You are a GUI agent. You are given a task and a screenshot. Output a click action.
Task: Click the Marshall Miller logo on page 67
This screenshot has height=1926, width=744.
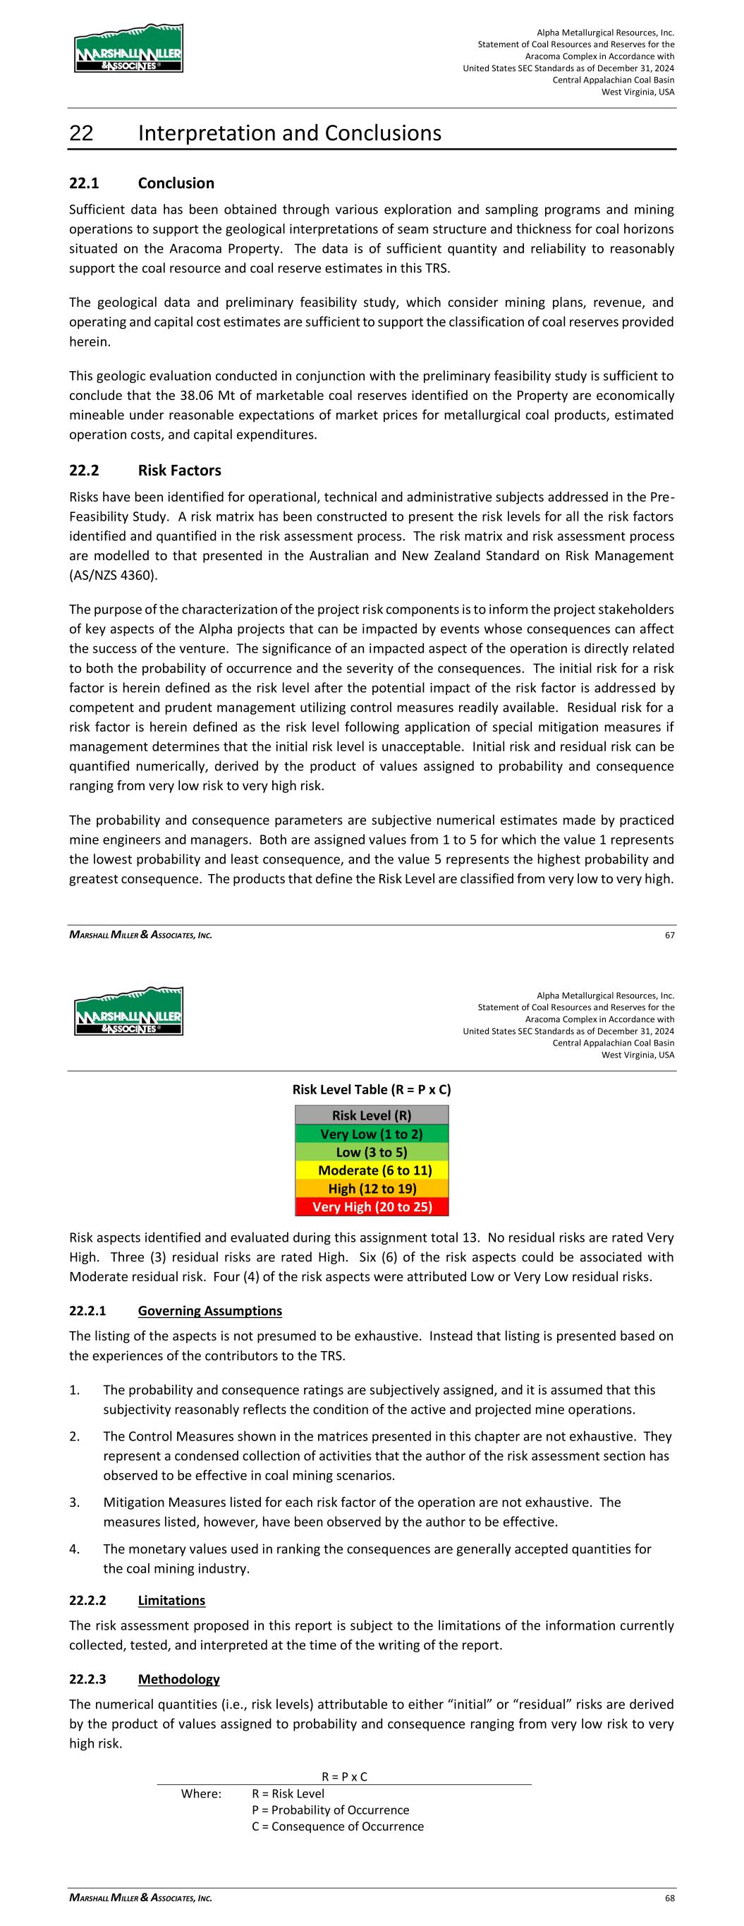point(128,49)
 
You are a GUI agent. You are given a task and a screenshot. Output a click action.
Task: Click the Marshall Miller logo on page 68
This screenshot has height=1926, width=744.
point(128,1011)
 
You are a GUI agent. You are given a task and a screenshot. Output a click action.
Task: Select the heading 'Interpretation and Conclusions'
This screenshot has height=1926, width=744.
point(289,133)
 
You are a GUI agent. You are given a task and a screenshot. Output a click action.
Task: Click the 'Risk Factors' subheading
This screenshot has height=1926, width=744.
point(179,471)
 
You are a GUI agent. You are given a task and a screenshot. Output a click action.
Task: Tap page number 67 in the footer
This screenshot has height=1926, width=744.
point(669,935)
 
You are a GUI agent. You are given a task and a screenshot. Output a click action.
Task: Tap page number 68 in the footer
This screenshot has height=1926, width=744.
point(669,1898)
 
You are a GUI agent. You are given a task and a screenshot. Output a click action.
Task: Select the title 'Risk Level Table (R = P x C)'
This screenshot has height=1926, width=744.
point(372,1089)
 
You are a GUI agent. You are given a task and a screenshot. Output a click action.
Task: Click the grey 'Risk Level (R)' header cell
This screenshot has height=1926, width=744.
point(372,1115)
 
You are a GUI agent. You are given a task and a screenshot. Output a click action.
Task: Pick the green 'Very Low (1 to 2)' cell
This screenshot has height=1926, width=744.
point(372,1134)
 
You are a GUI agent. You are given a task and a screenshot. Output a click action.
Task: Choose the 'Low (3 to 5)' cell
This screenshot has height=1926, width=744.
point(372,1152)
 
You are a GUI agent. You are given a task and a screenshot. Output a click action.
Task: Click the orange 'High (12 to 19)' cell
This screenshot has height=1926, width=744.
point(372,1188)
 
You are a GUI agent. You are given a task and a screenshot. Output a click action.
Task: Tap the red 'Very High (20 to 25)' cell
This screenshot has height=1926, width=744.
point(372,1206)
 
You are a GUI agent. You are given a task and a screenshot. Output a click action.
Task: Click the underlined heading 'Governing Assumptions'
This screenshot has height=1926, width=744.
point(210,1311)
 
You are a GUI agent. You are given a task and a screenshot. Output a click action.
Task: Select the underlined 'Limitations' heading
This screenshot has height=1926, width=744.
point(171,1600)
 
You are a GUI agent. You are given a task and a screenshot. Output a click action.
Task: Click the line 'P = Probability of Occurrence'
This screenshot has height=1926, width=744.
point(331,1810)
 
